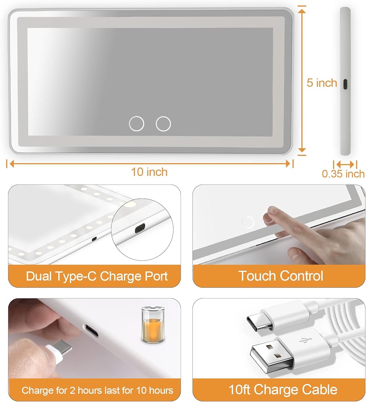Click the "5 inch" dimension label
coord(322,83)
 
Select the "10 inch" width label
coord(149,172)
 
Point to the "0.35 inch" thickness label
coord(343,174)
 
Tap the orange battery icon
coord(153,325)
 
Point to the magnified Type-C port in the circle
coord(140,228)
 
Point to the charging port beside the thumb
coord(91,330)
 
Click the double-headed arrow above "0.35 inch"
coord(345,164)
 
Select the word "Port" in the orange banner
coord(156,276)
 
